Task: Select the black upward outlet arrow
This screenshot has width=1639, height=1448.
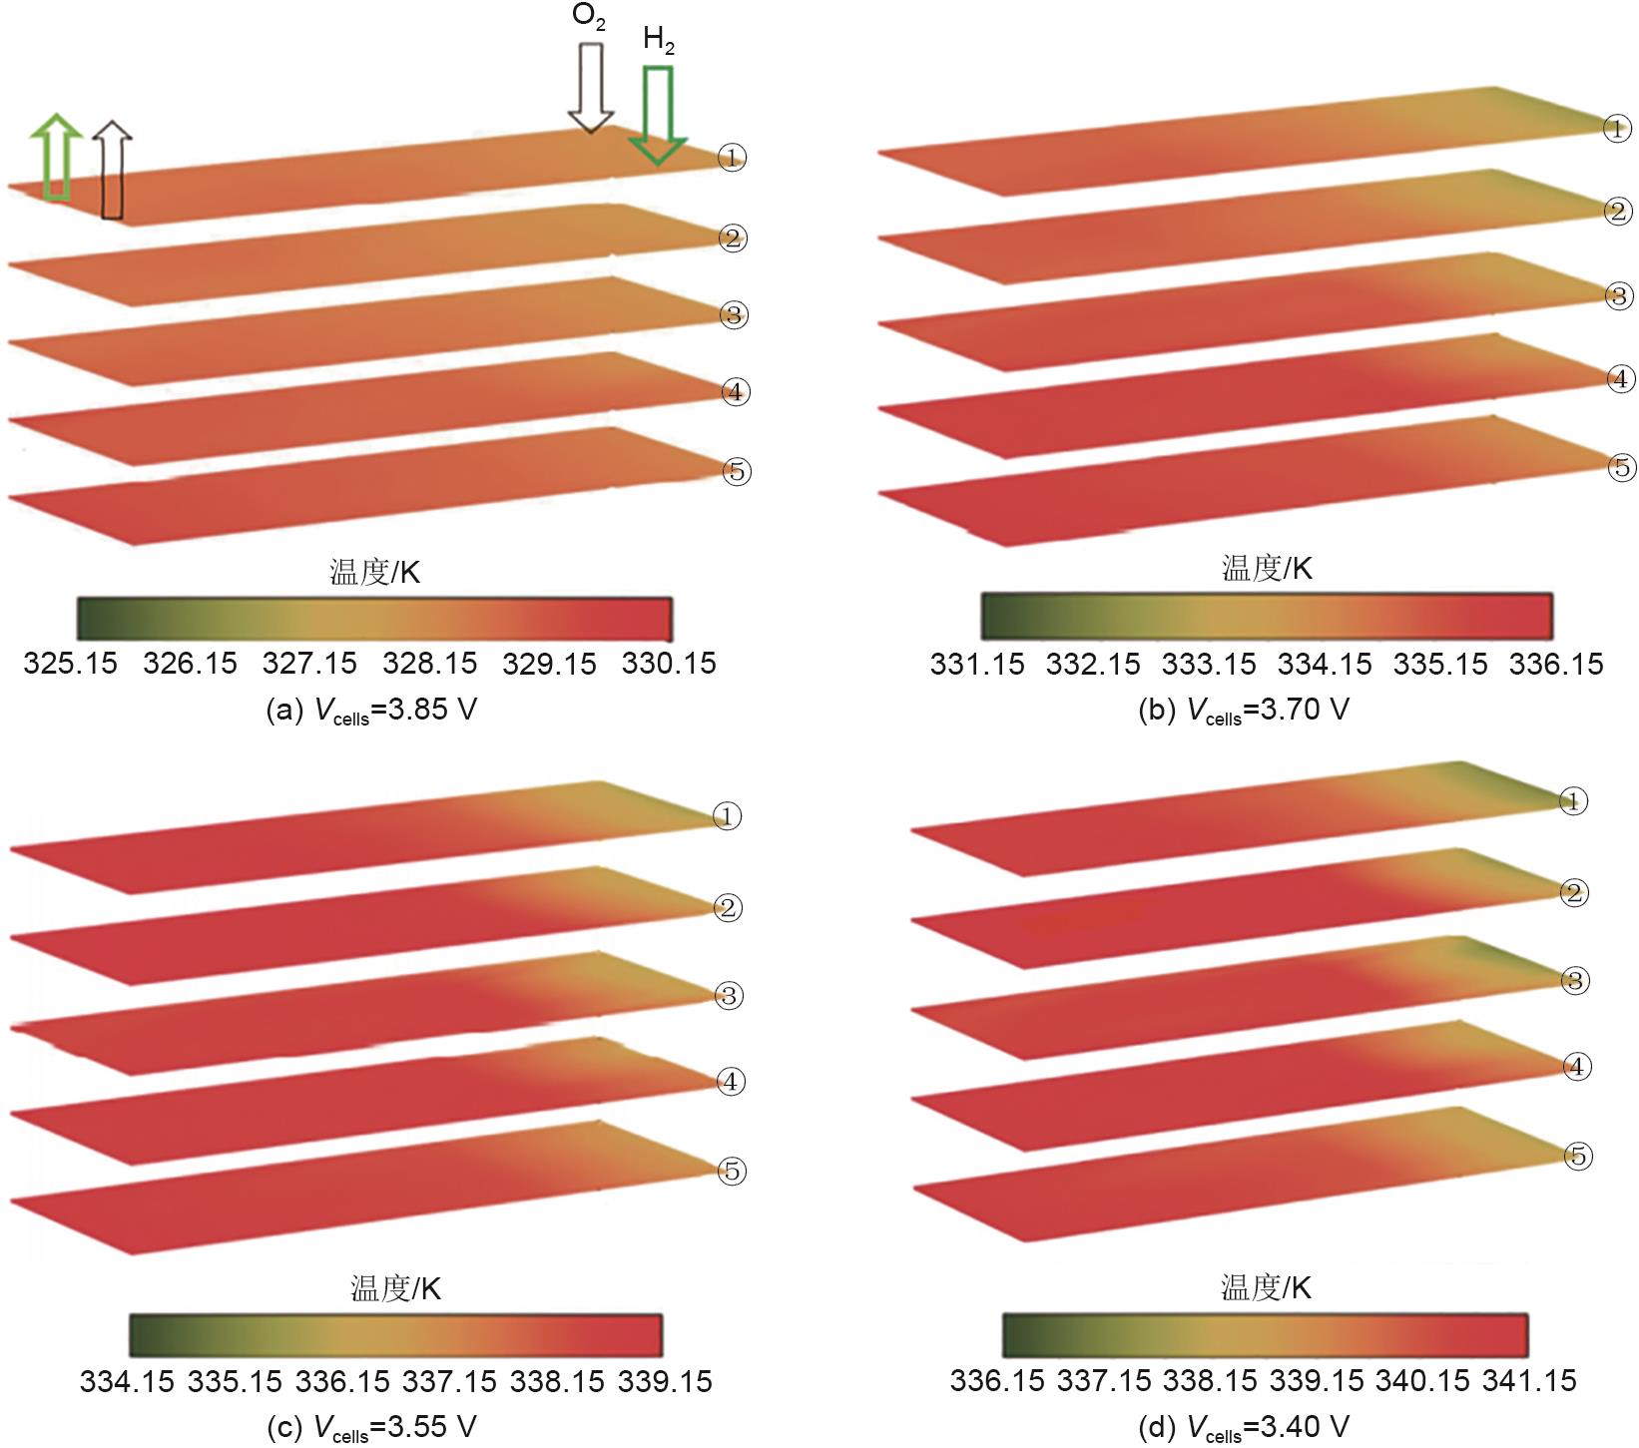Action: [x=112, y=171]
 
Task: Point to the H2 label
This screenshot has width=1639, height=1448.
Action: [x=659, y=40]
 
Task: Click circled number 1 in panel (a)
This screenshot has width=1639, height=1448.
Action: [x=732, y=158]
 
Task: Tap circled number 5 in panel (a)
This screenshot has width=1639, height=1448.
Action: [x=736, y=472]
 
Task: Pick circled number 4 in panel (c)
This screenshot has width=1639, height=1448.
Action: [x=731, y=1082]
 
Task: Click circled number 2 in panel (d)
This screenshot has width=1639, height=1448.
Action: [x=1574, y=893]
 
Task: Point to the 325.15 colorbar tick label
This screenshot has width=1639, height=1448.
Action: [x=70, y=664]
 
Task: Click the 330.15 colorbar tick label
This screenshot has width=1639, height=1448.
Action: [x=669, y=664]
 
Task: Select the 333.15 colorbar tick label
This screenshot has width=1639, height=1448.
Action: [x=1209, y=664]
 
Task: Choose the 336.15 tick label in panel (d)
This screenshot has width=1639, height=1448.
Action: [x=997, y=1381]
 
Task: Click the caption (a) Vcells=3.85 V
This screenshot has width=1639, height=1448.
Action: [x=371, y=711]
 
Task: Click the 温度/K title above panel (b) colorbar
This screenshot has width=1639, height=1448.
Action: [x=1266, y=569]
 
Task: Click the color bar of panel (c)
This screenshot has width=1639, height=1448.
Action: [x=395, y=1335]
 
